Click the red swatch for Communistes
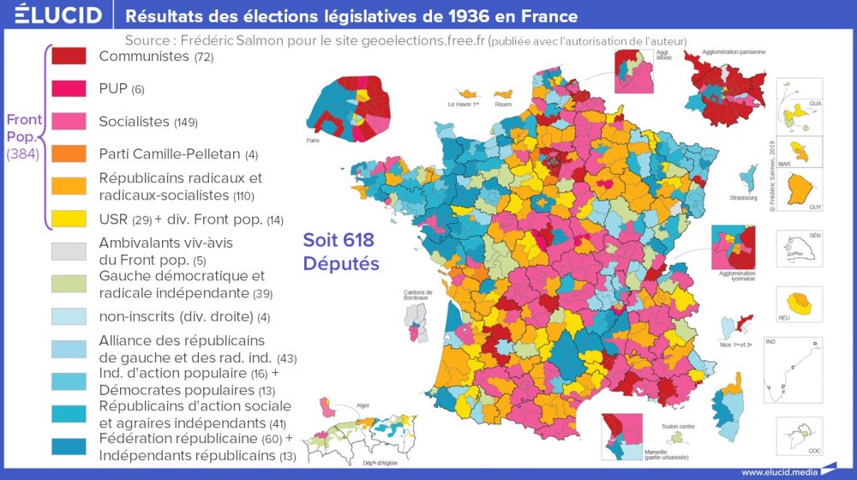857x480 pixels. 69,57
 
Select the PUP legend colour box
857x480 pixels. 69,89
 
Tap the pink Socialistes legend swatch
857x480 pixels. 69,122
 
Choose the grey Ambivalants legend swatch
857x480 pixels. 69,251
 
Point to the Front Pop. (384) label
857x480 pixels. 21,137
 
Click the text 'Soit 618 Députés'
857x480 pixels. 340,251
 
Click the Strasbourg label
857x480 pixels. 744,198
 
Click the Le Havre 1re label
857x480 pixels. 464,105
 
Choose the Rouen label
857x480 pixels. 502,105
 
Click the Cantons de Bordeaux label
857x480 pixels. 417,296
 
